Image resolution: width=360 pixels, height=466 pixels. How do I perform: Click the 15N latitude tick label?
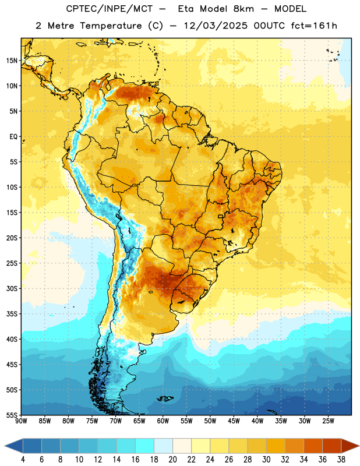[x=12, y=61]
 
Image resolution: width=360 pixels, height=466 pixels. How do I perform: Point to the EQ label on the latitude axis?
[x=13, y=137]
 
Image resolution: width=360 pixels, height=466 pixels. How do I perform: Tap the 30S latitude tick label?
[x=12, y=288]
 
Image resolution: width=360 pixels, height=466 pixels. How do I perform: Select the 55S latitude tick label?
[x=12, y=415]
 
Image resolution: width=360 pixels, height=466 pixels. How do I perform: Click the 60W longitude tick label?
[x=163, y=421]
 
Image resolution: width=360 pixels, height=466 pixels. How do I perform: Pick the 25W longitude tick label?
[x=328, y=421]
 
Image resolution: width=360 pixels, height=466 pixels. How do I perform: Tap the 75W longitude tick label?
[x=92, y=421]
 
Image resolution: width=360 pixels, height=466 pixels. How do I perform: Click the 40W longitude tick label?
[x=257, y=421]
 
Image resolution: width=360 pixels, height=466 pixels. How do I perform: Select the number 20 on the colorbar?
[x=172, y=460]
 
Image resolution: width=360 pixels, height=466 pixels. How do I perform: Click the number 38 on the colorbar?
[x=341, y=460]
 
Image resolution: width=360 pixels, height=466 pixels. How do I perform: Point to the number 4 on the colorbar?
[x=23, y=460]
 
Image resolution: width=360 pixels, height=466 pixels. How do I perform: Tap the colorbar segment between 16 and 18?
[x=145, y=446]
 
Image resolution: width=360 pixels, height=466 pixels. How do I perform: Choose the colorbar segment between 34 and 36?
[x=313, y=446]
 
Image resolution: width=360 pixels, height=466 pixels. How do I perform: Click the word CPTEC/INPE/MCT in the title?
[x=109, y=9]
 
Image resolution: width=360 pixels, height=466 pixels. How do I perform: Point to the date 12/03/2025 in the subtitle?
[x=216, y=26]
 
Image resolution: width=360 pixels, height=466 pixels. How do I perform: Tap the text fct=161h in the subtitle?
[x=314, y=26]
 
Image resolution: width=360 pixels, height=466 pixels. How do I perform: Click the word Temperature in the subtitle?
[x=111, y=26]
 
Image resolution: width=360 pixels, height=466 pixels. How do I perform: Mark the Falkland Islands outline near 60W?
[x=165, y=398]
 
